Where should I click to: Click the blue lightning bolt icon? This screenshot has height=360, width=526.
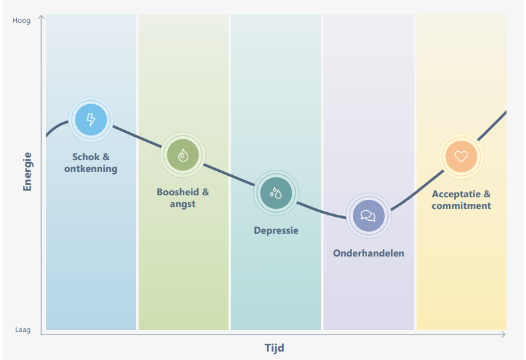[91, 120]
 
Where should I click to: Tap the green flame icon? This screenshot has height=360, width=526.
[183, 155]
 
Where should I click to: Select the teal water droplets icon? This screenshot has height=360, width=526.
[276, 193]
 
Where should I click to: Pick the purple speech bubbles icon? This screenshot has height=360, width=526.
[368, 215]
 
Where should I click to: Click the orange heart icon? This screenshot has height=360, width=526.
[462, 156]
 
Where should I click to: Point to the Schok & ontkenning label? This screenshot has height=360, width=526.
[91, 163]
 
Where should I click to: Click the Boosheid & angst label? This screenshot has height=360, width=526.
[183, 198]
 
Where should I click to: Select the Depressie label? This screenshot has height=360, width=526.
[276, 230]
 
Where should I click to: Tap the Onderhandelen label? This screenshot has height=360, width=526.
[368, 253]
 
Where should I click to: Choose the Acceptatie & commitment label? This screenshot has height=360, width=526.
[462, 200]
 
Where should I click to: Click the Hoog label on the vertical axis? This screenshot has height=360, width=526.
[21, 20]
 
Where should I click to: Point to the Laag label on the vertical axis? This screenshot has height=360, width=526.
[23, 330]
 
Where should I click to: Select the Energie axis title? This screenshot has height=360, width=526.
[27, 171]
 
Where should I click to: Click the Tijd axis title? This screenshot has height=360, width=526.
[274, 348]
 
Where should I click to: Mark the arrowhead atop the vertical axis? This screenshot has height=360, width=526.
[41, 17]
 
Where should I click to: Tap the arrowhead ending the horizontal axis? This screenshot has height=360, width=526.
[503, 334]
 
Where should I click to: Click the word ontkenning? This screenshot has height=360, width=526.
[91, 169]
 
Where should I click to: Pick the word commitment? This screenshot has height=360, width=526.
[462, 206]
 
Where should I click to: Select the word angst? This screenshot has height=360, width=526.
[183, 204]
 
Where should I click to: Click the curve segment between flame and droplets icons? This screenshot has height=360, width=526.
[229, 174]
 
